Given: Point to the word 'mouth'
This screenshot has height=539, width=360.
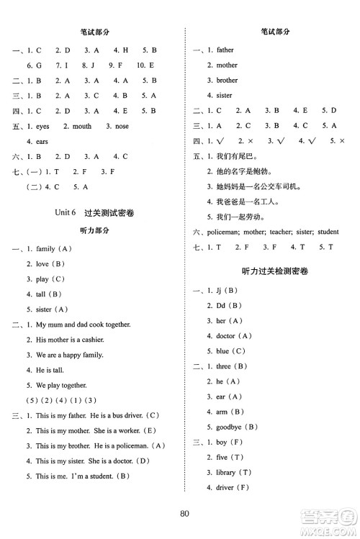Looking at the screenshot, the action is click(x=81, y=127).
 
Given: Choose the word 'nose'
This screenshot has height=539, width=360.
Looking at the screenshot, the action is click(x=122, y=127).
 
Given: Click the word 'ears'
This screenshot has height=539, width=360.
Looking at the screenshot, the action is click(x=42, y=142).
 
